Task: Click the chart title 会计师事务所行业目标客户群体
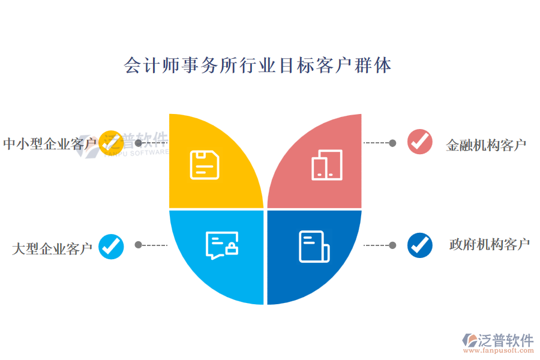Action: (x=257, y=65)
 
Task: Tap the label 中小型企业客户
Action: (x=50, y=144)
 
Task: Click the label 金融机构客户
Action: (x=486, y=145)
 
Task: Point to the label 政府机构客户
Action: (x=490, y=245)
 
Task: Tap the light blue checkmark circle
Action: (x=111, y=246)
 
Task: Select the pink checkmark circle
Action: (x=420, y=142)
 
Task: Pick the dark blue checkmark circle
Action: (x=420, y=245)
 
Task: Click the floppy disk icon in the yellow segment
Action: (x=205, y=165)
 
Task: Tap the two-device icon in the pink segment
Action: (x=327, y=165)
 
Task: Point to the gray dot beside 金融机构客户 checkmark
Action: (x=392, y=143)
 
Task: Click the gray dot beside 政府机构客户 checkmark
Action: (x=392, y=245)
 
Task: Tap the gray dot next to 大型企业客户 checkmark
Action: (x=139, y=245)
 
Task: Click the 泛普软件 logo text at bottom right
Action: (x=505, y=340)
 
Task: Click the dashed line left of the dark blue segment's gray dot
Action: (x=376, y=245)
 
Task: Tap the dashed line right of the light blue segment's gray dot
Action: (x=154, y=245)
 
